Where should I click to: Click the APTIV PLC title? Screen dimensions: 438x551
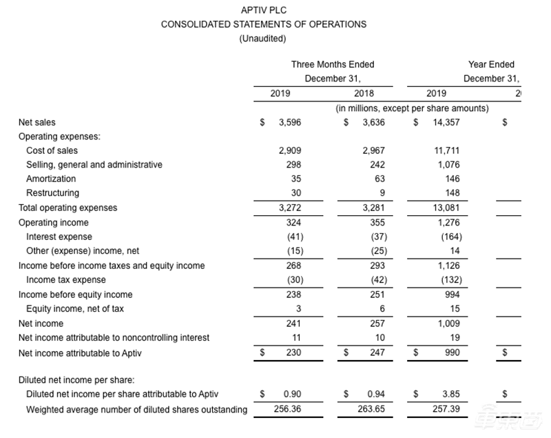[x=264, y=10]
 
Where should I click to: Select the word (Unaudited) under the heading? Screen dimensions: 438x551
[x=262, y=39]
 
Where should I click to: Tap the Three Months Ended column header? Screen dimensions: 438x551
[x=333, y=64]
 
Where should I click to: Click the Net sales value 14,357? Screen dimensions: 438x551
[x=446, y=123]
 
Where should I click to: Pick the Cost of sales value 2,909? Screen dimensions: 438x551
[x=290, y=150]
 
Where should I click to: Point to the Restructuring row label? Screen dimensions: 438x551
[x=52, y=193]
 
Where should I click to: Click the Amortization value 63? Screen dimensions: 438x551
[x=377, y=179]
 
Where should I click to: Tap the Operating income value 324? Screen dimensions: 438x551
[x=293, y=223]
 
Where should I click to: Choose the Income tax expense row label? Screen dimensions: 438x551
[x=66, y=280]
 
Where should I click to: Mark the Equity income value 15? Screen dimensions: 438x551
[x=454, y=309]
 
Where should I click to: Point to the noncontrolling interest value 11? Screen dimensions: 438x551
[x=297, y=338]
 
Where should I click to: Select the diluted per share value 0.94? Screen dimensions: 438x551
[x=375, y=395]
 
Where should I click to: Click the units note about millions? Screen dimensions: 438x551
[x=412, y=108]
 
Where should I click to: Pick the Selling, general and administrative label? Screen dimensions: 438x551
[x=94, y=165]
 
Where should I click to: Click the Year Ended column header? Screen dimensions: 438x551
[x=491, y=64]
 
